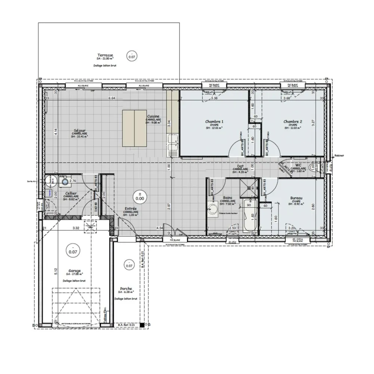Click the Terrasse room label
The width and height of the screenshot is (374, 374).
click(x=105, y=54)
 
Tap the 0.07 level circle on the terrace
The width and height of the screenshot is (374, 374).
click(x=132, y=56)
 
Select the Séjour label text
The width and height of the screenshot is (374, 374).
click(x=79, y=131)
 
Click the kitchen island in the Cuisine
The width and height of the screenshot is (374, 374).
click(x=135, y=128)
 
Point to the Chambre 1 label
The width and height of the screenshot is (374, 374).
click(x=214, y=122)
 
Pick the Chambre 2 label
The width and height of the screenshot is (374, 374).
click(x=292, y=122)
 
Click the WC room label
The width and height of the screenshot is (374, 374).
click(x=298, y=165)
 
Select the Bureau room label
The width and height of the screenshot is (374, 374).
click(x=296, y=198)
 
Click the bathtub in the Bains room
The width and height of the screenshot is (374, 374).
click(x=249, y=217)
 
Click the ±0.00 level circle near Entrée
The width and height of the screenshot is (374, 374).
click(x=141, y=197)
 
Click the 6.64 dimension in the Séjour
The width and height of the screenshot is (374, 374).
click(x=111, y=98)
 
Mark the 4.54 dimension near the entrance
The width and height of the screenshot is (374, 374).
click(x=159, y=227)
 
